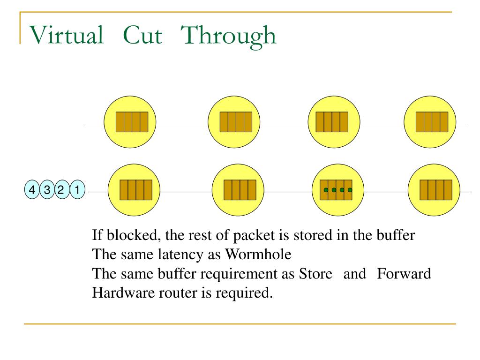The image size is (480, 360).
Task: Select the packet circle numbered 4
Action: coord(32,190)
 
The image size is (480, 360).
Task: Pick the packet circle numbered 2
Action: coord(61,190)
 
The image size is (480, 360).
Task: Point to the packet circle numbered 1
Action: coord(77,190)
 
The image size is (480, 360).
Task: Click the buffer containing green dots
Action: coord(336,190)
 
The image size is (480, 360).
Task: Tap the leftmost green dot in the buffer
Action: coord(326,190)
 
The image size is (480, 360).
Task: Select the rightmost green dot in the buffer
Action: coord(350,190)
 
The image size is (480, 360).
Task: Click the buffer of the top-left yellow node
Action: coord(132,122)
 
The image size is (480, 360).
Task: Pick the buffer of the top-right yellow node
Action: coord(432,122)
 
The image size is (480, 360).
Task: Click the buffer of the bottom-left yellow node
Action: coord(136,190)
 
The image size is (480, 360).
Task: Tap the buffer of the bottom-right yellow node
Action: coord(436,190)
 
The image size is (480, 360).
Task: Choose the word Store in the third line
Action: coord(315,274)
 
